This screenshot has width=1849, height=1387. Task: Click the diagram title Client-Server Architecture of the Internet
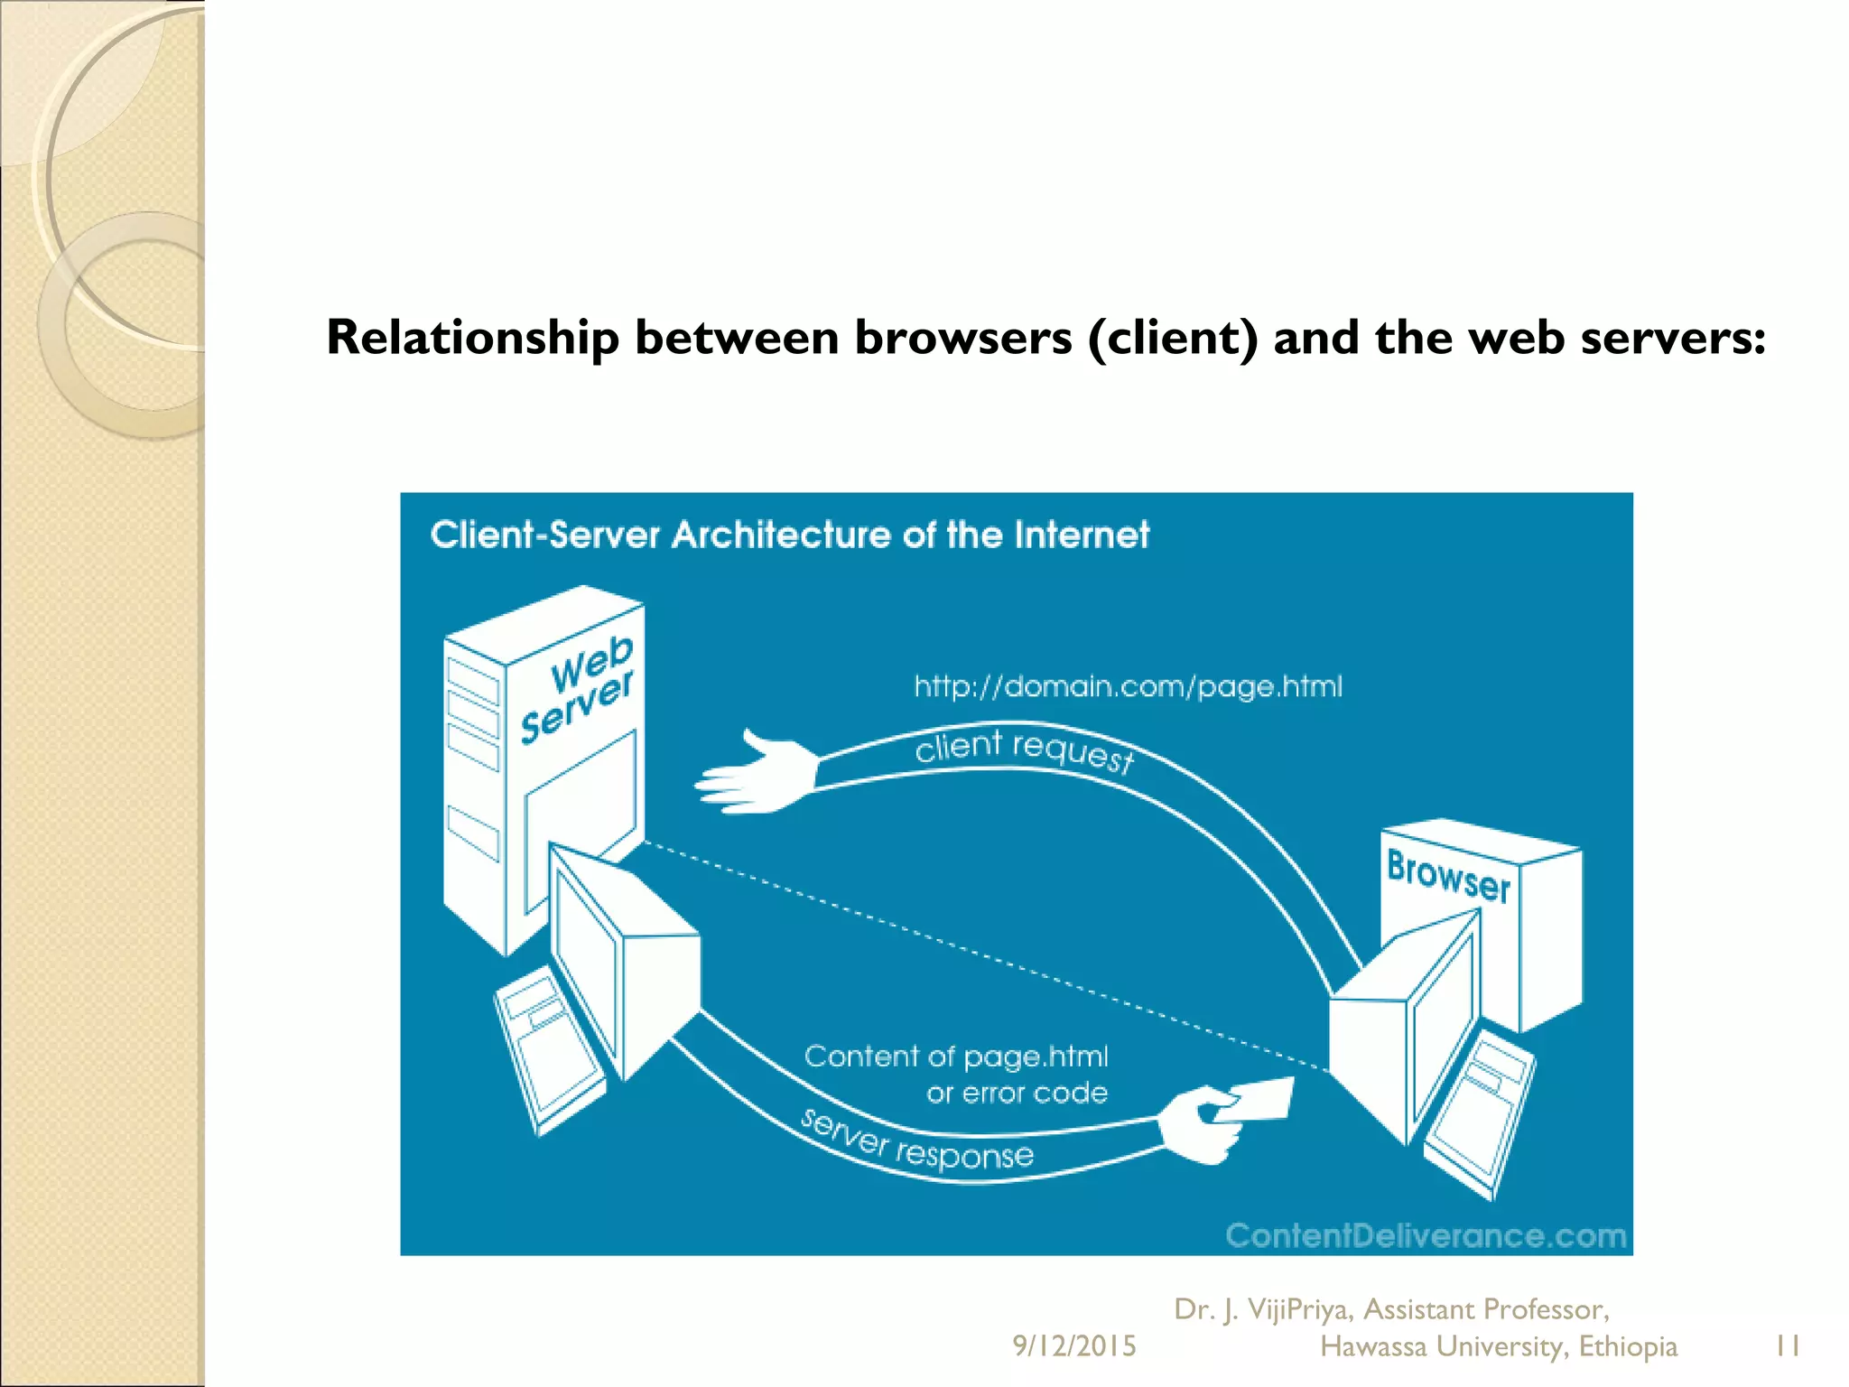click(x=789, y=535)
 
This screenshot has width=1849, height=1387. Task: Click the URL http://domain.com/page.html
click(x=1128, y=686)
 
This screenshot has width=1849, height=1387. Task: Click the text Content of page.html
click(x=955, y=1056)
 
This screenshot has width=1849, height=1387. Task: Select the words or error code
click(x=1017, y=1094)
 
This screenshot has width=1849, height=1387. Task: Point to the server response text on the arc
click(x=916, y=1143)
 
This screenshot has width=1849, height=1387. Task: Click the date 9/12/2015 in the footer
click(x=1073, y=1345)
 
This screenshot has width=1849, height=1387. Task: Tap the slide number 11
click(x=1787, y=1345)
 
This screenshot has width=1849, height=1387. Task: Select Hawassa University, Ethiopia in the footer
click(x=1498, y=1346)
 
